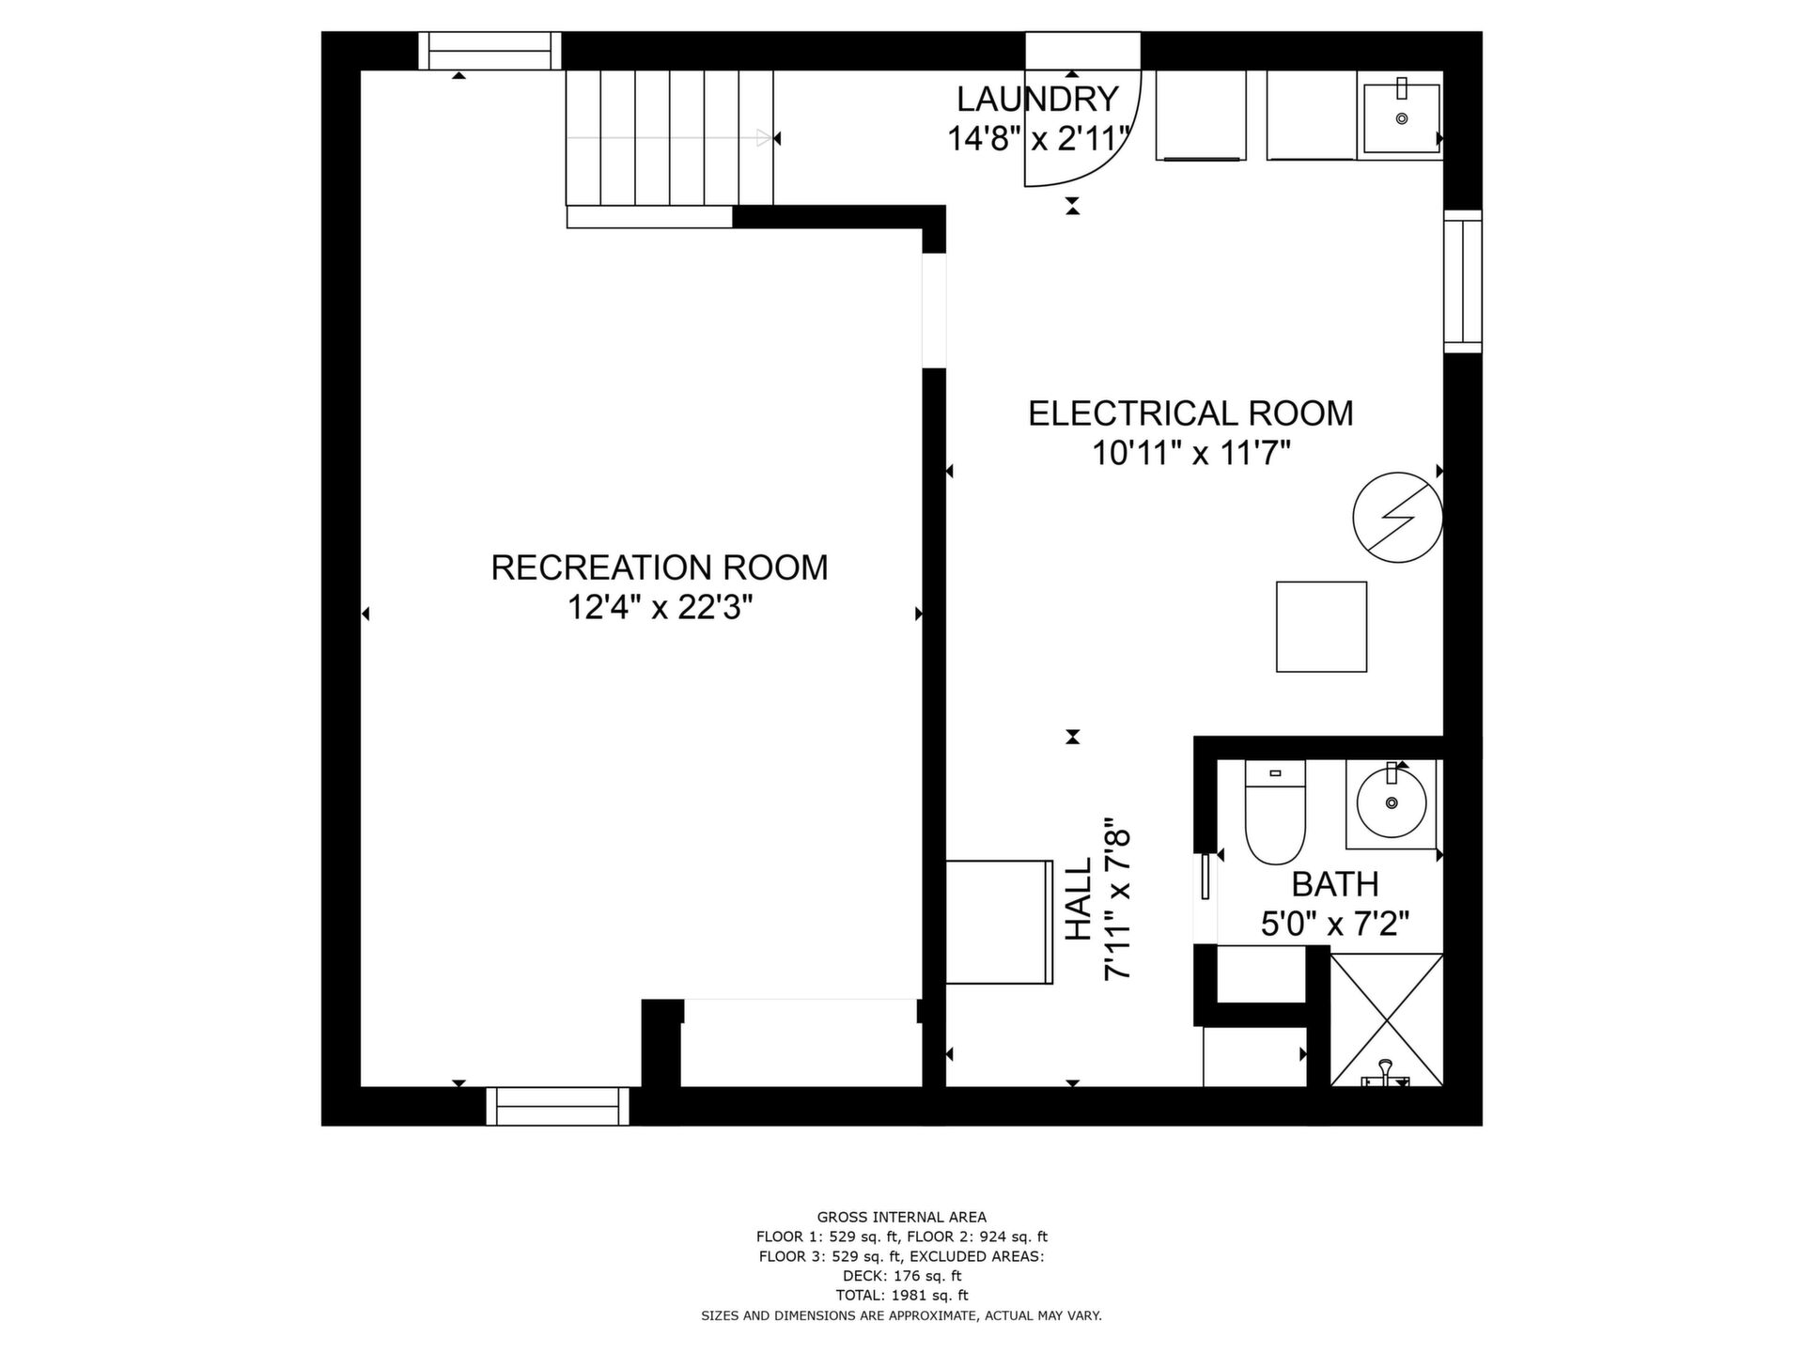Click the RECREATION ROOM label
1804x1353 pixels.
point(660,568)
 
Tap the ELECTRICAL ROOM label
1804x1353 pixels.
point(1190,413)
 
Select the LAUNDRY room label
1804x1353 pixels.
point(1037,99)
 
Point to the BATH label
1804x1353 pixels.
point(1335,884)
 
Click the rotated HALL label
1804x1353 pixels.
point(1079,898)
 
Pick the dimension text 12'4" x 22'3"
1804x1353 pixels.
point(660,608)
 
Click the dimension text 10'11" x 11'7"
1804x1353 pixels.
point(1190,454)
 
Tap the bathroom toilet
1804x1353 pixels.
point(1275,812)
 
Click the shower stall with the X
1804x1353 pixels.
point(1387,1020)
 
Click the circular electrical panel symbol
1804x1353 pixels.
point(1397,518)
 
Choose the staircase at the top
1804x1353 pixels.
point(669,138)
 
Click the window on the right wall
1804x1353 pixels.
point(1463,282)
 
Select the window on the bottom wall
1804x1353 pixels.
point(558,1106)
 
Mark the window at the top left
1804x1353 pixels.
point(490,51)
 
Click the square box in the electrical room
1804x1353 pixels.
point(1321,627)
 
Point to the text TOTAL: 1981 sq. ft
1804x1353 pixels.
point(901,1296)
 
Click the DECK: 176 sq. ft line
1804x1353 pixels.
point(901,1276)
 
